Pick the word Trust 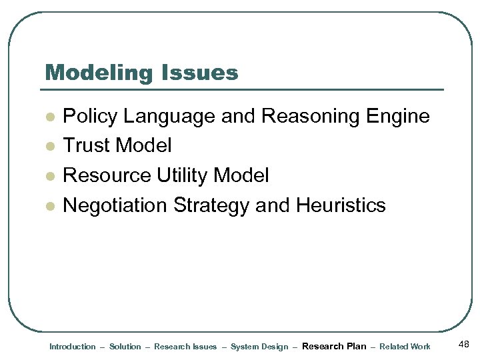pyautogui.click(x=86, y=145)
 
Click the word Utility pyautogui.click(x=182, y=175)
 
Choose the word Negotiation pyautogui.click(x=115, y=205)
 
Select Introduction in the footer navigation pyautogui.click(x=73, y=347)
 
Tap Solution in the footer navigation pyautogui.click(x=125, y=347)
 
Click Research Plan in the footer pyautogui.click(x=334, y=346)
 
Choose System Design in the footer pyautogui.click(x=259, y=347)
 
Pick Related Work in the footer pyautogui.click(x=405, y=347)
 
